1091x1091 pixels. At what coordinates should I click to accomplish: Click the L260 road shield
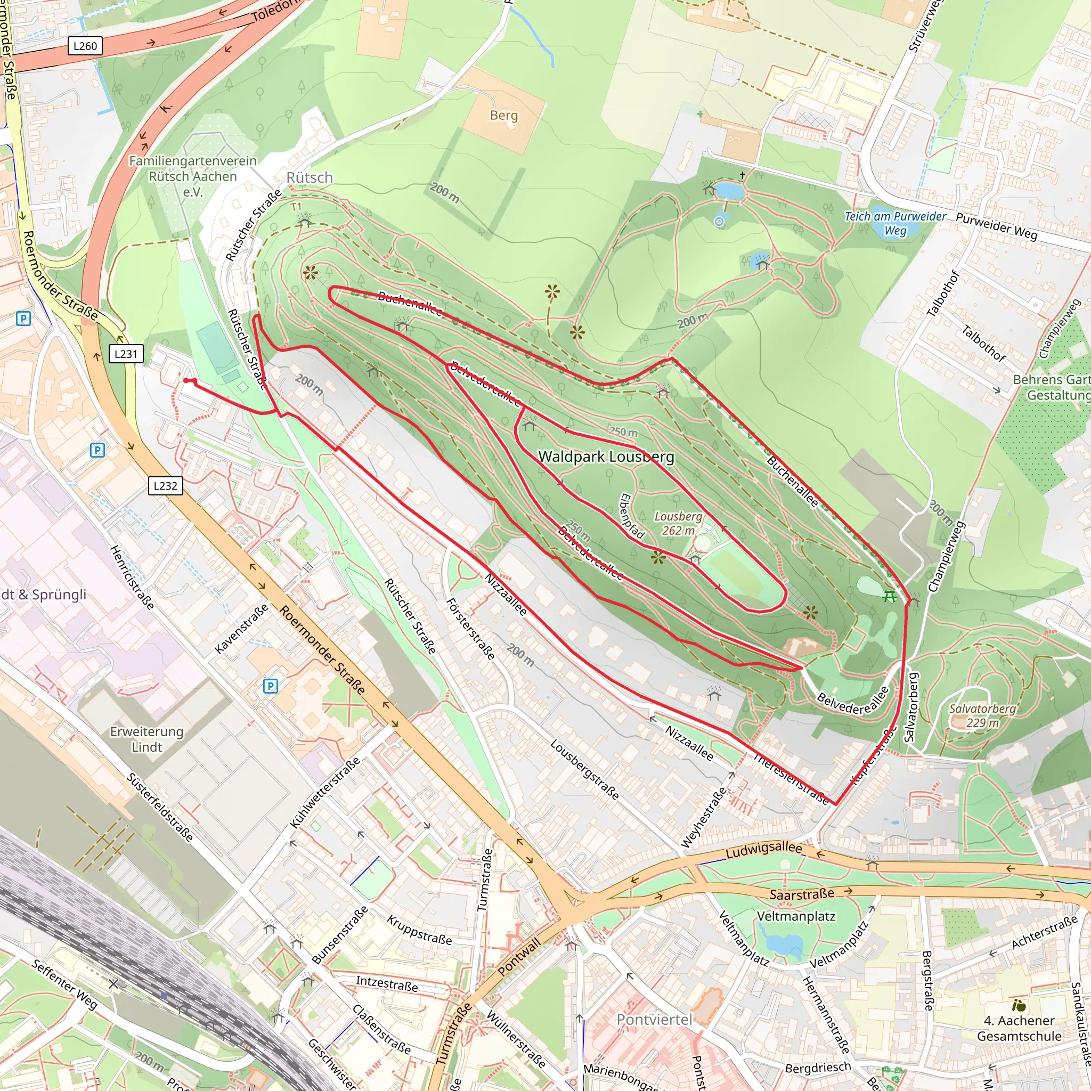click(85, 46)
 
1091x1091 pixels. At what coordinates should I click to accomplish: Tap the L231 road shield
click(126, 354)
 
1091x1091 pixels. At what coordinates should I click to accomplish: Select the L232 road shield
click(166, 486)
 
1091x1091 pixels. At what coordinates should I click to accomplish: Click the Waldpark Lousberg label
click(606, 457)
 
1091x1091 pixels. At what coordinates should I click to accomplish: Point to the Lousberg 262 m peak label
click(678, 524)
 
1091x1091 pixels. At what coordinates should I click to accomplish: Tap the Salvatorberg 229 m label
click(982, 715)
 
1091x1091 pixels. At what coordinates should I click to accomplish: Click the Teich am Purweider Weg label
click(895, 223)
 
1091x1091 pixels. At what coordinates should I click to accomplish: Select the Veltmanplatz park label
click(796, 916)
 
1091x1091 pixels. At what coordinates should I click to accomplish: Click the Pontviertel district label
click(654, 1019)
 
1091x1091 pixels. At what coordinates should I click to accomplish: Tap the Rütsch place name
click(310, 177)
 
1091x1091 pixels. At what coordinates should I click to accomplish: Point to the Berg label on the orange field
click(504, 115)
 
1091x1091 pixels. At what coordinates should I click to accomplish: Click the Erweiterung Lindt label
click(147, 739)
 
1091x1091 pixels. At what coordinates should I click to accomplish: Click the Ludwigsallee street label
click(763, 850)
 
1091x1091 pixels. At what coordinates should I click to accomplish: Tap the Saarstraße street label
click(802, 894)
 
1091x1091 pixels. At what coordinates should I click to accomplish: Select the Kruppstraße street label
click(419, 930)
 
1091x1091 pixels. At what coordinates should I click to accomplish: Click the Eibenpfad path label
click(632, 516)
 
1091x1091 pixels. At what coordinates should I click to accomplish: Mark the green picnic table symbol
click(890, 596)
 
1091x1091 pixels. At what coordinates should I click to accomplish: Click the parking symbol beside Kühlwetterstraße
click(271, 686)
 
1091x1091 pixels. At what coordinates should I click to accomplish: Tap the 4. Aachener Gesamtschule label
click(1019, 1028)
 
